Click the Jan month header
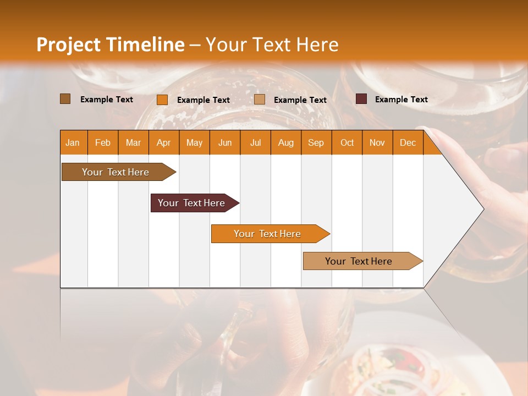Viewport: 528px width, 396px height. [73, 142]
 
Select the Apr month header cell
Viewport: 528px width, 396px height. [164, 142]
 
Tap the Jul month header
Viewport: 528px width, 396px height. [256, 142]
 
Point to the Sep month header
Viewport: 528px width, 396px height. [316, 142]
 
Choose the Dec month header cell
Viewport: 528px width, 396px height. [408, 142]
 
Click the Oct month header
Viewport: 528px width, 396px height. [347, 142]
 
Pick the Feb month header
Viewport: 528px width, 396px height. [103, 142]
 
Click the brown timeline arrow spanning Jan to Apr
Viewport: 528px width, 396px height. [116, 172]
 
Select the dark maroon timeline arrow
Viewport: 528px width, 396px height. [191, 203]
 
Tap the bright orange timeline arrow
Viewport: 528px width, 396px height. [267, 234]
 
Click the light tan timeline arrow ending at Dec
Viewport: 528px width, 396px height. [359, 261]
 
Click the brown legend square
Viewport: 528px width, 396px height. [65, 99]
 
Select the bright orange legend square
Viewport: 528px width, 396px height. [162, 100]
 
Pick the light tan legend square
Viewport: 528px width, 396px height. [260, 100]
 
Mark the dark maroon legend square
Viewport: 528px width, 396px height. [361, 99]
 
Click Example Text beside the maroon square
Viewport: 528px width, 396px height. [401, 100]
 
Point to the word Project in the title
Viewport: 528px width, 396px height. [68, 45]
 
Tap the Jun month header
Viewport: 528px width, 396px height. [225, 142]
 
